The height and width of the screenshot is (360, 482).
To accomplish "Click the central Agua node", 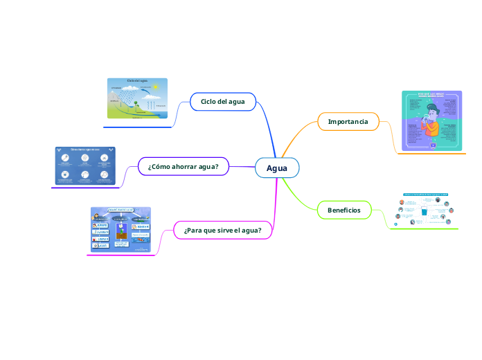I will pos(277,168).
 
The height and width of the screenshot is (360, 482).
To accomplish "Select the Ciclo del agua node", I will pos(222,102).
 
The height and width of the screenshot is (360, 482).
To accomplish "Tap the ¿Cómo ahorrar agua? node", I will pos(183,166).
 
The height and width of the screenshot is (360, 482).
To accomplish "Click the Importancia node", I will pos(348,122).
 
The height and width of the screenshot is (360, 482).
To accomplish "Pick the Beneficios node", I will pos(343,210).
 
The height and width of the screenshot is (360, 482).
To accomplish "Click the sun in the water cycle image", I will pos(156,87).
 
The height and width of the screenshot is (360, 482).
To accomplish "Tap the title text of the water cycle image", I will pos(136,81).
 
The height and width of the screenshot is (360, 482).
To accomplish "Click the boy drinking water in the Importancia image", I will pos(432,121).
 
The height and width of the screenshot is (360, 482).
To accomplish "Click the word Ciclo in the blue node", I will pos(209,102).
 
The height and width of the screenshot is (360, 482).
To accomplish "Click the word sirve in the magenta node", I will pos(223,230).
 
